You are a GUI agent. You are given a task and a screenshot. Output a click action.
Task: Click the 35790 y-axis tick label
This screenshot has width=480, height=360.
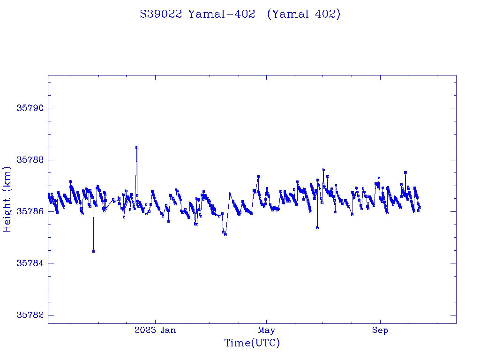tap(30, 108)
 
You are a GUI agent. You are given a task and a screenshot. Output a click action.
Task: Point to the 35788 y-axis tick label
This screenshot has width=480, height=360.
tap(30, 160)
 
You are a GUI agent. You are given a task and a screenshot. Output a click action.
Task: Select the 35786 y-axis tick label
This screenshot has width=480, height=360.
tap(30, 211)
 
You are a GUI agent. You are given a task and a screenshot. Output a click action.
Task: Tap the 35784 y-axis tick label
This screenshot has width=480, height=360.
tap(30, 263)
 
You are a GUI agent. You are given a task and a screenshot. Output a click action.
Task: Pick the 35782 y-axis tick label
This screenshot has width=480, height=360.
tap(30, 315)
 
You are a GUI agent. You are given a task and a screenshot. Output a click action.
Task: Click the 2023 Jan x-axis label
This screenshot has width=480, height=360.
tap(155, 330)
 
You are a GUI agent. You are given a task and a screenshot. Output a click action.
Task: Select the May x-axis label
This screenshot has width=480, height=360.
tap(266, 330)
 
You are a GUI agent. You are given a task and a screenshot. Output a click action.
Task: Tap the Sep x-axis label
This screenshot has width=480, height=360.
tap(380, 330)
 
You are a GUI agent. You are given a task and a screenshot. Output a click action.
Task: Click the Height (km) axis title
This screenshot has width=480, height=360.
tap(7, 199)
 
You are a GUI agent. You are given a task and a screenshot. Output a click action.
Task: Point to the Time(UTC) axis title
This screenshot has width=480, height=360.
tap(252, 344)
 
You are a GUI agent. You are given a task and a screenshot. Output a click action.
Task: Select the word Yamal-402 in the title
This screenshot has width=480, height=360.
tap(221, 15)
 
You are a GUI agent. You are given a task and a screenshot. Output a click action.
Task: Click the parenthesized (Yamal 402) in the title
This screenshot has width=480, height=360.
tap(303, 15)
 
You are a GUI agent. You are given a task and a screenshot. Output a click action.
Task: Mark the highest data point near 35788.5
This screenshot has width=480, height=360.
tap(136, 148)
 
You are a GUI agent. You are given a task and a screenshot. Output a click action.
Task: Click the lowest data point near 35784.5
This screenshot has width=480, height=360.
tap(93, 251)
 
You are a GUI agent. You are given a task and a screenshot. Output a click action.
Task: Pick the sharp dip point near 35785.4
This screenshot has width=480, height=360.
tap(317, 228)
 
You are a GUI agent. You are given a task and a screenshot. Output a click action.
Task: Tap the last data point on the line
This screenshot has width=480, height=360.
tap(420, 207)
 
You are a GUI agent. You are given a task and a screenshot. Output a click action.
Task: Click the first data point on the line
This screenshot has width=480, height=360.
tap(48, 195)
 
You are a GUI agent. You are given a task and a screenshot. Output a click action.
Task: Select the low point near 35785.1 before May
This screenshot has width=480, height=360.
tap(225, 235)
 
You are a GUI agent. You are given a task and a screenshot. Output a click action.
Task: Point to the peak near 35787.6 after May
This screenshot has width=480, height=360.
tap(323, 170)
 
